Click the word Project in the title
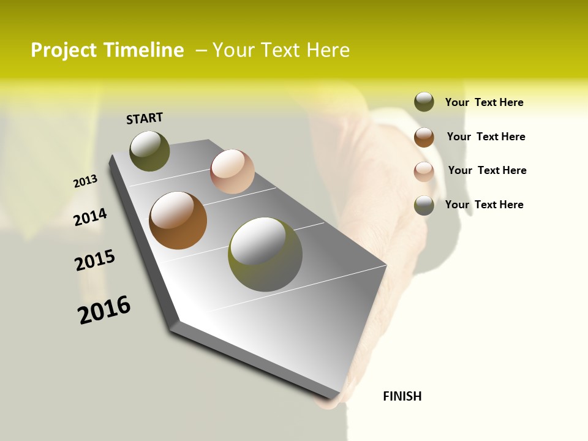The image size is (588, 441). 62,50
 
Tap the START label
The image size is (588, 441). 145,118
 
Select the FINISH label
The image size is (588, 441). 402,396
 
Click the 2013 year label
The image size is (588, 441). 85,181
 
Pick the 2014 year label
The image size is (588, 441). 90,217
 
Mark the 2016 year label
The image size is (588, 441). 104,310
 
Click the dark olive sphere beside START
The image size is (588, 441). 149,151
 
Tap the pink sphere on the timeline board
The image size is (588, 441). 232,171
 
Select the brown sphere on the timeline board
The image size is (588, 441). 178,221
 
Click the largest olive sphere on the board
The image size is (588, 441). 265,254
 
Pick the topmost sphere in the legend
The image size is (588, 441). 424,102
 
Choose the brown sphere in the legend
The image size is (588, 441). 424,137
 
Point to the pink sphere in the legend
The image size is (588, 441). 424,171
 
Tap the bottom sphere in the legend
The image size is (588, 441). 424,205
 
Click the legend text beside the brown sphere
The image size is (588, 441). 486,137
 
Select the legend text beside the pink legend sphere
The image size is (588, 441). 487,170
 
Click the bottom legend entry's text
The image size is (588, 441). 484,205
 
